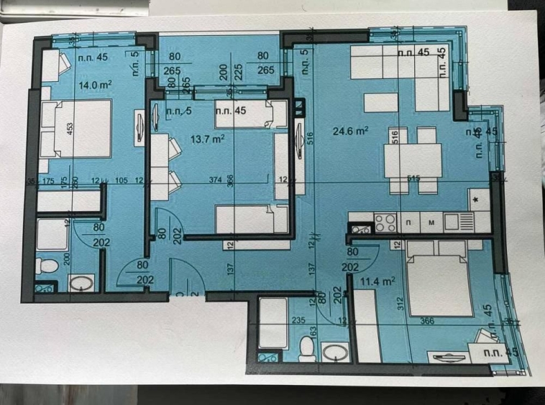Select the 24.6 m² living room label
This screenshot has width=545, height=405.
350,131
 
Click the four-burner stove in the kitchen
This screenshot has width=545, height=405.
384,221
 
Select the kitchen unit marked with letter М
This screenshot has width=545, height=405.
431,222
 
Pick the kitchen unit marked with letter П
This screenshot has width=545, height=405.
408,222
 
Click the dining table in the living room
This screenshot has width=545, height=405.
413,161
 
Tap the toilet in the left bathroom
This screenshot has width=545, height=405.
47,267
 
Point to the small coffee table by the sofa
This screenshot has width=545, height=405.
380,103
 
